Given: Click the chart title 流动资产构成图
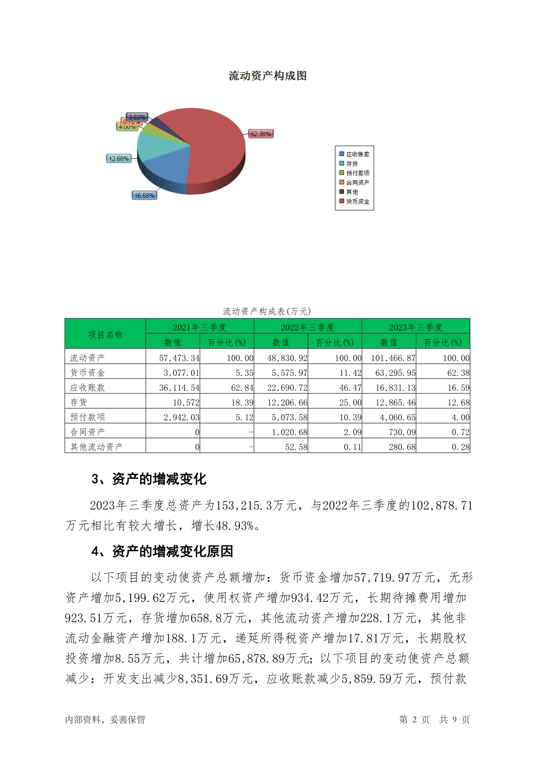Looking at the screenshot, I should pos(267,76).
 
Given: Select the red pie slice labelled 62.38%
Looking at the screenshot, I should pos(211,144).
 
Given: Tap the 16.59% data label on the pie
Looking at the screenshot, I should pos(144,196).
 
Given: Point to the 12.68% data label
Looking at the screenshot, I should pos(119,159).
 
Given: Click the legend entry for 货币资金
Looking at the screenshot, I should pos(358,201).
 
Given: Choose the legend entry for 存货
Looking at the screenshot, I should pos(352,164).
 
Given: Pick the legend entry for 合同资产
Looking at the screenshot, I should pos(358,183).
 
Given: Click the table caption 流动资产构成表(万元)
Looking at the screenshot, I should pos(267,311).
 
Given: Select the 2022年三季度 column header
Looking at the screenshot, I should pos(308,327).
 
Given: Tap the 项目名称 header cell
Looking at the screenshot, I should pos(105,334).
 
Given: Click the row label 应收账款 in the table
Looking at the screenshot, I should pos(87,387).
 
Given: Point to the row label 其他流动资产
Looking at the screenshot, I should pos(96,447).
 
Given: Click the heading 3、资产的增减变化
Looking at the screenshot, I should pos(149,479).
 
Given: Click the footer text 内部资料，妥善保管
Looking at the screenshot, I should pos(105,720).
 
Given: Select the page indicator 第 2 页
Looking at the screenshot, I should pos(414,720).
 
